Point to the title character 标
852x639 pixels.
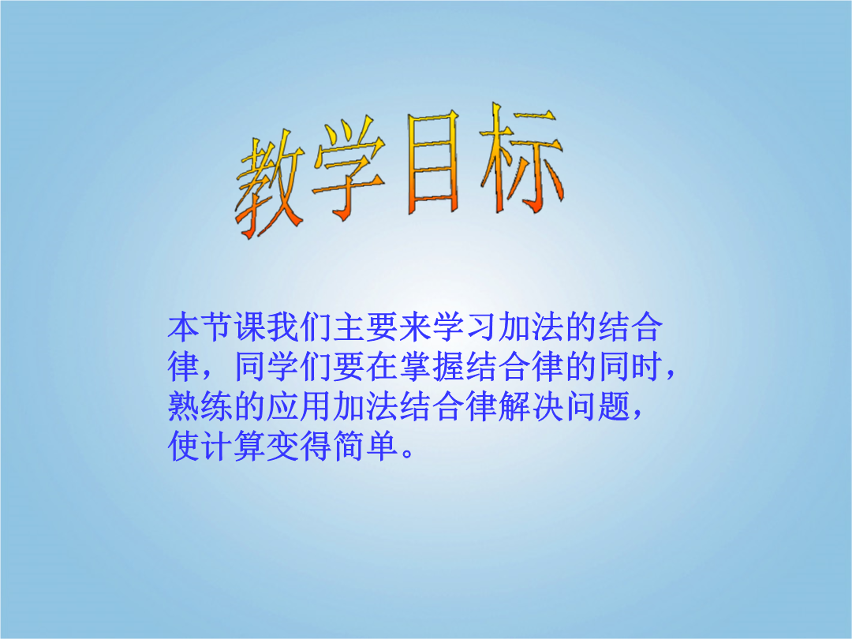521,157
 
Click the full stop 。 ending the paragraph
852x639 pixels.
408,454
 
